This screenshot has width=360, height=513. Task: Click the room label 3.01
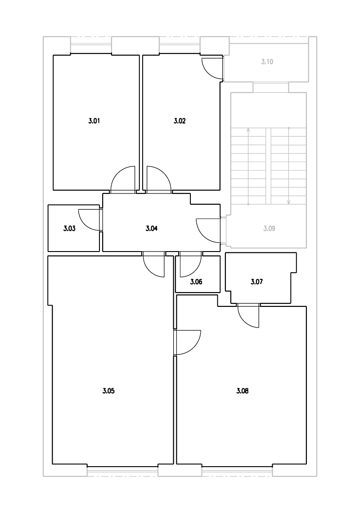click(x=94, y=121)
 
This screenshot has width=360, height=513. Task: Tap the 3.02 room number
click(x=180, y=121)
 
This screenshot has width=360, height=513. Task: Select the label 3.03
click(x=69, y=228)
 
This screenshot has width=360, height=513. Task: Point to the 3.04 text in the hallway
click(x=152, y=228)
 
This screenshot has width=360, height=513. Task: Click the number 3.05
click(x=108, y=391)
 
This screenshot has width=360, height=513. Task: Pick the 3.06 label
click(x=196, y=282)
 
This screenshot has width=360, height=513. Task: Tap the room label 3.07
click(x=256, y=282)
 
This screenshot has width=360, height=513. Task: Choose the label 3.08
click(x=243, y=391)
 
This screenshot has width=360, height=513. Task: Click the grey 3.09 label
click(x=270, y=228)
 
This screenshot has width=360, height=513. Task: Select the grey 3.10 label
click(x=267, y=62)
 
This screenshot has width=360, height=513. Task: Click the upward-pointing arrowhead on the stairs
click(x=248, y=130)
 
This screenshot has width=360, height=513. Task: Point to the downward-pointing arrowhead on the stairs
click(x=288, y=202)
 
